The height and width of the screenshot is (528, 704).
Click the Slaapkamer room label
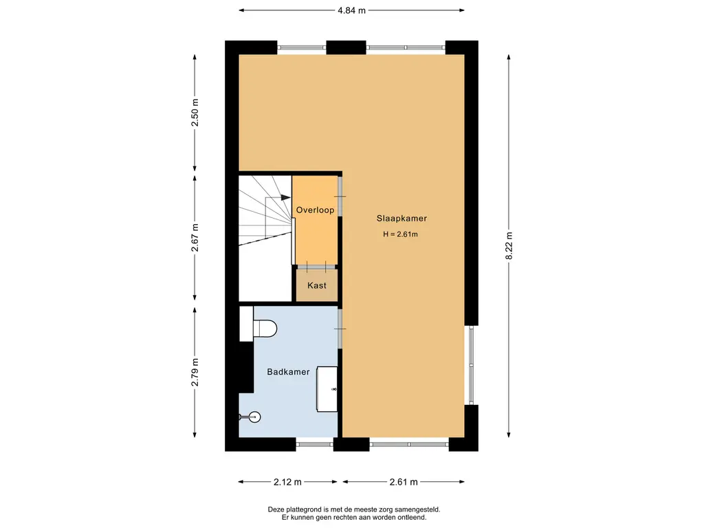point(401,219)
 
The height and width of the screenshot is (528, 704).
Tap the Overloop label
point(315,210)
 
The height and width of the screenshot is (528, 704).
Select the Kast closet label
point(316,285)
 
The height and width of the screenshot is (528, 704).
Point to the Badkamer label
point(288,372)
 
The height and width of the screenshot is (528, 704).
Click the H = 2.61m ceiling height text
point(401,234)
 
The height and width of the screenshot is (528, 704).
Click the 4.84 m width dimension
point(351,10)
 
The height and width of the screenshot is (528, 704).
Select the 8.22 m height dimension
point(509,246)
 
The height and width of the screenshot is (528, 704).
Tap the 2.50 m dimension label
point(195,112)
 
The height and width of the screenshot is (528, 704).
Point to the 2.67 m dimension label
point(195,237)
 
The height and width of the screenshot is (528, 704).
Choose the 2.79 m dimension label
point(195,372)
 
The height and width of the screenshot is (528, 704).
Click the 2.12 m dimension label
point(287,482)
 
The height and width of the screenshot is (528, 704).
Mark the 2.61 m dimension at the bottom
point(404,482)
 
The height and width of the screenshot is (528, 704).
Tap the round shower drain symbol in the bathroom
point(254,417)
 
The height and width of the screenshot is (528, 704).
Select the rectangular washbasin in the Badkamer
point(327,389)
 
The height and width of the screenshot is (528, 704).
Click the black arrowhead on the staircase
point(285,197)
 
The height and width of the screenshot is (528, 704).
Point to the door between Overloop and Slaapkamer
point(340,197)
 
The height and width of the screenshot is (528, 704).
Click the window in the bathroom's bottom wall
point(314,445)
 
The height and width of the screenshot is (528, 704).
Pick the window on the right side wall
point(471,365)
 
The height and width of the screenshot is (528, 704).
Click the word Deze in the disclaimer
point(276,509)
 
